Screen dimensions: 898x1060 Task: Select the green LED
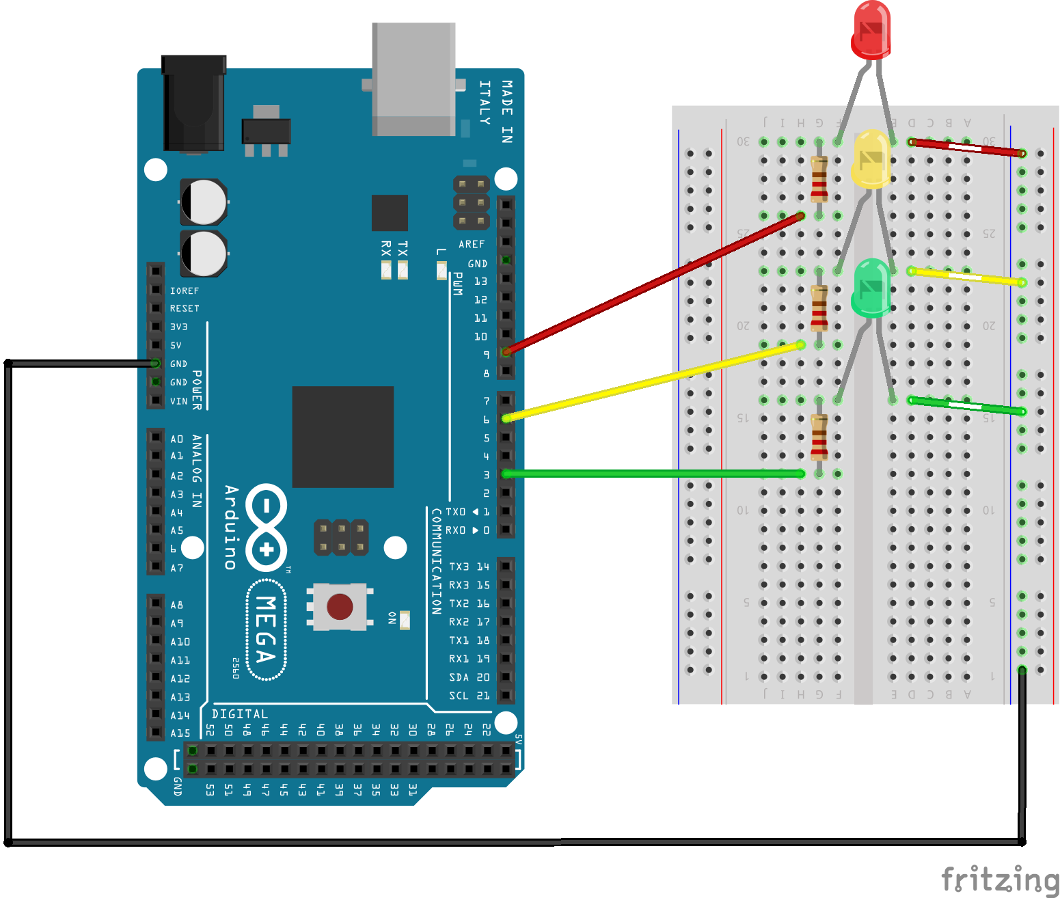coord(871,288)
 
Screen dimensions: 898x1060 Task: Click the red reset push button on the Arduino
coord(340,606)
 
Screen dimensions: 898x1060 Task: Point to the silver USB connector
coord(413,79)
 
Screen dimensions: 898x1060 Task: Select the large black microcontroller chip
coord(342,437)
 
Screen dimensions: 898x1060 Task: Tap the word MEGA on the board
coord(266,629)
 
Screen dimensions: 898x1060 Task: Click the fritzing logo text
coord(999,879)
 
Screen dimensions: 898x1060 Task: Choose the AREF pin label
coord(472,244)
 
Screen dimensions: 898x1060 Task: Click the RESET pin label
coord(185,308)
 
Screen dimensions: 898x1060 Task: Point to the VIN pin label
coord(178,401)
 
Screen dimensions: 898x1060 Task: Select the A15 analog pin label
coord(180,733)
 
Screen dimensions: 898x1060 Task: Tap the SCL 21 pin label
coord(469,696)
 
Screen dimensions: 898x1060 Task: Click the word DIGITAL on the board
coord(239,714)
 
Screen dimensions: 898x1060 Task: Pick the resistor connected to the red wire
coord(819,179)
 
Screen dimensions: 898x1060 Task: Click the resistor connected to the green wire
coord(819,437)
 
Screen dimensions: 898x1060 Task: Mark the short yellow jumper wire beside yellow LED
coord(966,276)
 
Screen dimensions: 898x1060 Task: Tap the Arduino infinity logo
coord(266,528)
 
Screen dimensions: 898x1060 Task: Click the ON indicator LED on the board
coord(405,620)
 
